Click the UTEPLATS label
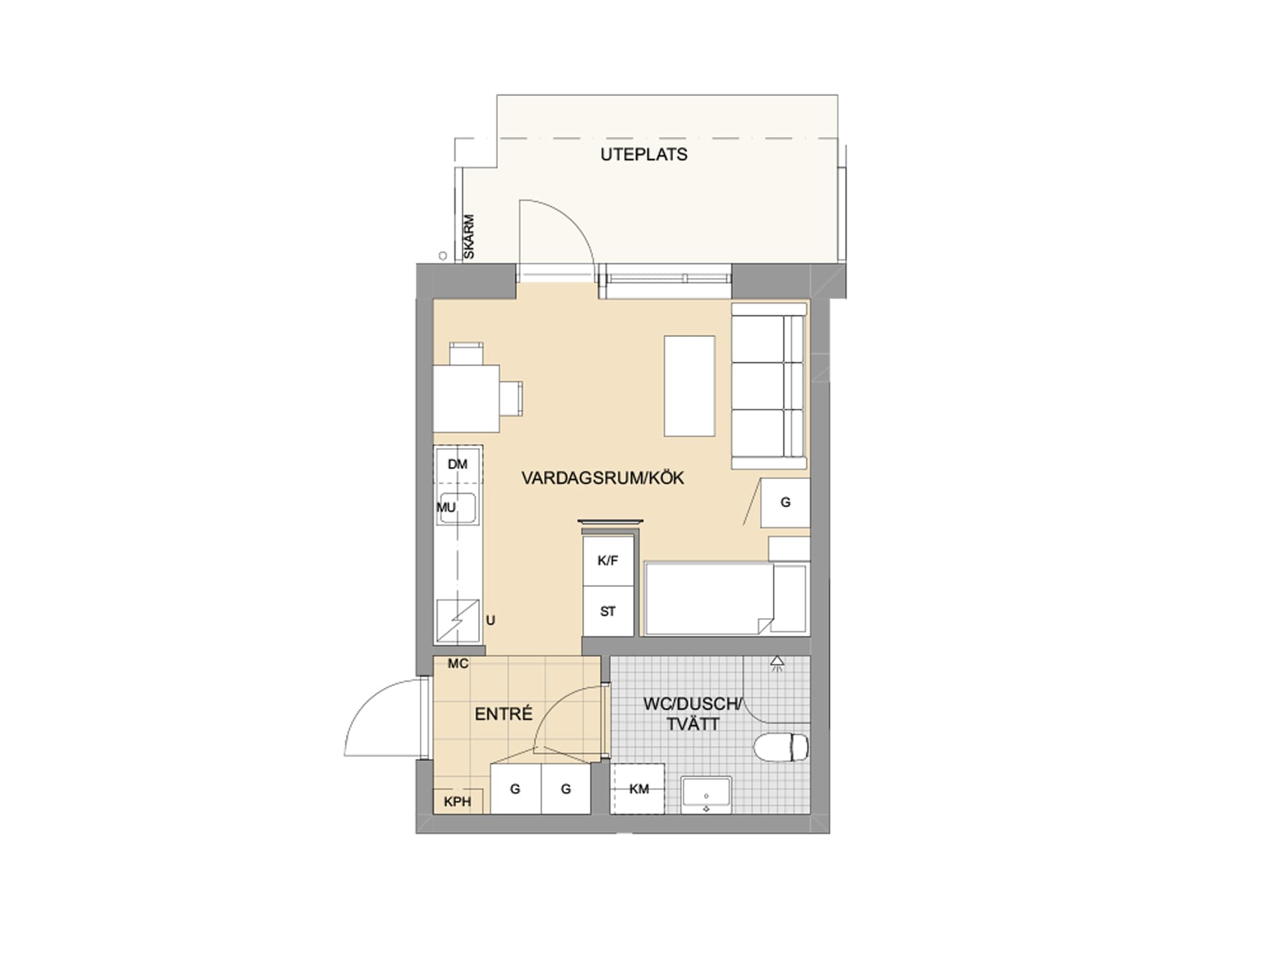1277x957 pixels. click(644, 154)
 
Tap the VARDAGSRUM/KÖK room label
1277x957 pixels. click(603, 478)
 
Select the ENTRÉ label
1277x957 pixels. click(503, 714)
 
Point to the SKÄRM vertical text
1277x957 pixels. click(470, 237)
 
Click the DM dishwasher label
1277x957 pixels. click(458, 464)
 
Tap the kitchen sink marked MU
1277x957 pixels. click(458, 508)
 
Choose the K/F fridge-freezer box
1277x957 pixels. click(608, 561)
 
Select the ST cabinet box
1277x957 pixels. click(608, 611)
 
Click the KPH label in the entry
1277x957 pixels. click(458, 801)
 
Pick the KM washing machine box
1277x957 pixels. click(638, 789)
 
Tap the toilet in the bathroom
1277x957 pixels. click(781, 747)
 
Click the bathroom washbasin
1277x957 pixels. click(706, 795)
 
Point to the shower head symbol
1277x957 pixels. click(777, 663)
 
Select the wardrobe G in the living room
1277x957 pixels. click(785, 502)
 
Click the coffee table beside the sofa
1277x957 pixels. click(690, 386)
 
